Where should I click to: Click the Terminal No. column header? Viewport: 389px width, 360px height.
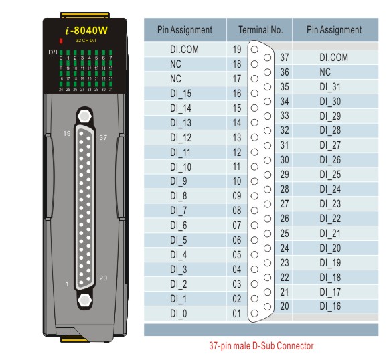tap(257, 30)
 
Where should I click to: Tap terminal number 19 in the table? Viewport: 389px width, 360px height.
tap(237, 50)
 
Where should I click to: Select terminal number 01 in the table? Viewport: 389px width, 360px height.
tap(236, 312)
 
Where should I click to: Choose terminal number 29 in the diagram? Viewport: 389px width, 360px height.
tap(284, 174)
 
